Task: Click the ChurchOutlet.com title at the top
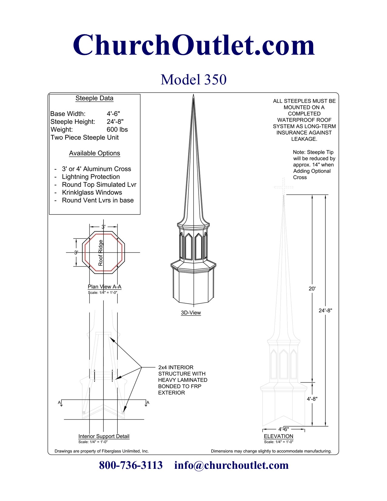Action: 194,45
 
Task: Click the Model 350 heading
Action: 194,80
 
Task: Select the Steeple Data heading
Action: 94,98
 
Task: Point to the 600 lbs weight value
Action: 117,130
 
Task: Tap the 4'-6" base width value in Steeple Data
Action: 113,114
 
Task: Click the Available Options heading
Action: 94,153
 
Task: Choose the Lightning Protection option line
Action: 91,177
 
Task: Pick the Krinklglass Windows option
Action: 92,193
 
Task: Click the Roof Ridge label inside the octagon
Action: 100,253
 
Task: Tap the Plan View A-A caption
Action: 104,287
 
